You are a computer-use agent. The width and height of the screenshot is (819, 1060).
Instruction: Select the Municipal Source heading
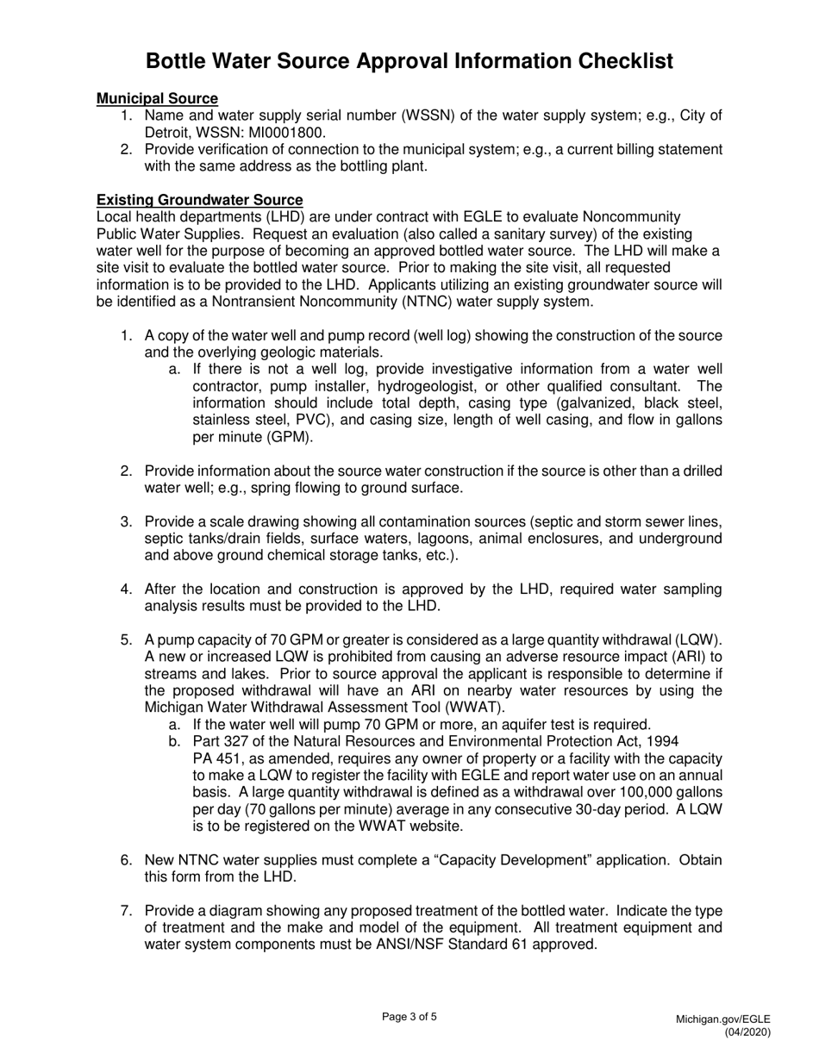click(157, 99)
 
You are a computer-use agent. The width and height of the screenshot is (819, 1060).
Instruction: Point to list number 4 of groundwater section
click(126, 589)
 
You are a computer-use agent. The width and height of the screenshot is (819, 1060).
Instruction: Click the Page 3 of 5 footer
click(409, 1017)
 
